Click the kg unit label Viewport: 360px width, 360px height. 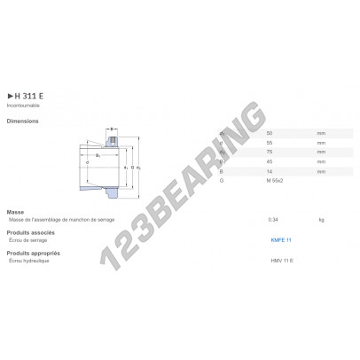321,218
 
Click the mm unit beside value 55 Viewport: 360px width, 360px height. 321,142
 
